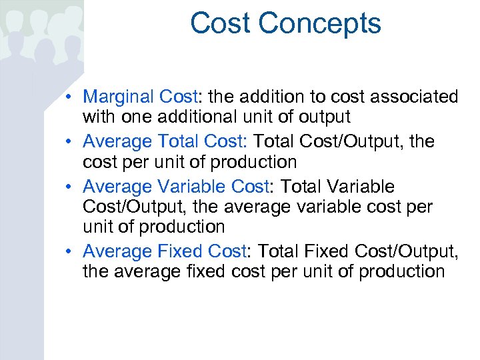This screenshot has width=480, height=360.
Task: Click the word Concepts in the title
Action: click(319, 23)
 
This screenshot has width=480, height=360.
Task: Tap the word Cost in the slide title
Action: click(220, 23)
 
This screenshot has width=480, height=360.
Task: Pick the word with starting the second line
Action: click(99, 117)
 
